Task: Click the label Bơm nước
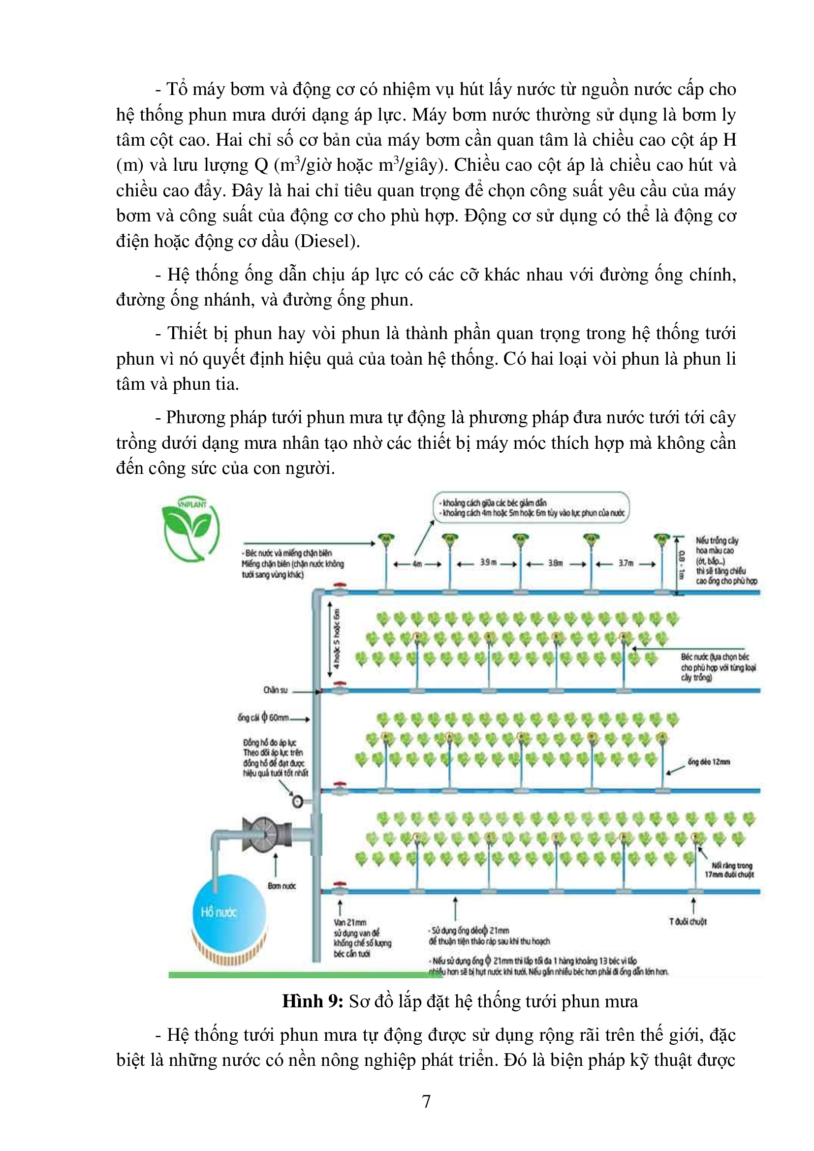point(282,886)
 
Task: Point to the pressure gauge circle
point(298,802)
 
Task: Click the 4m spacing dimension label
point(417,564)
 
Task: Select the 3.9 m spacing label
point(488,563)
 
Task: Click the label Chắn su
point(276,690)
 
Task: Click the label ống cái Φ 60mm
point(263,718)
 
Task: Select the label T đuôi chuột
point(688,921)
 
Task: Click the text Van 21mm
point(350,922)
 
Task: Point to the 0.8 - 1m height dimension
point(681,565)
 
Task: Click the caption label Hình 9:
point(313,1001)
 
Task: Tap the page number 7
point(426,1102)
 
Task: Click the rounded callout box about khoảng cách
point(531,508)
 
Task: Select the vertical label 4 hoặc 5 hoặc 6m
point(337,639)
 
